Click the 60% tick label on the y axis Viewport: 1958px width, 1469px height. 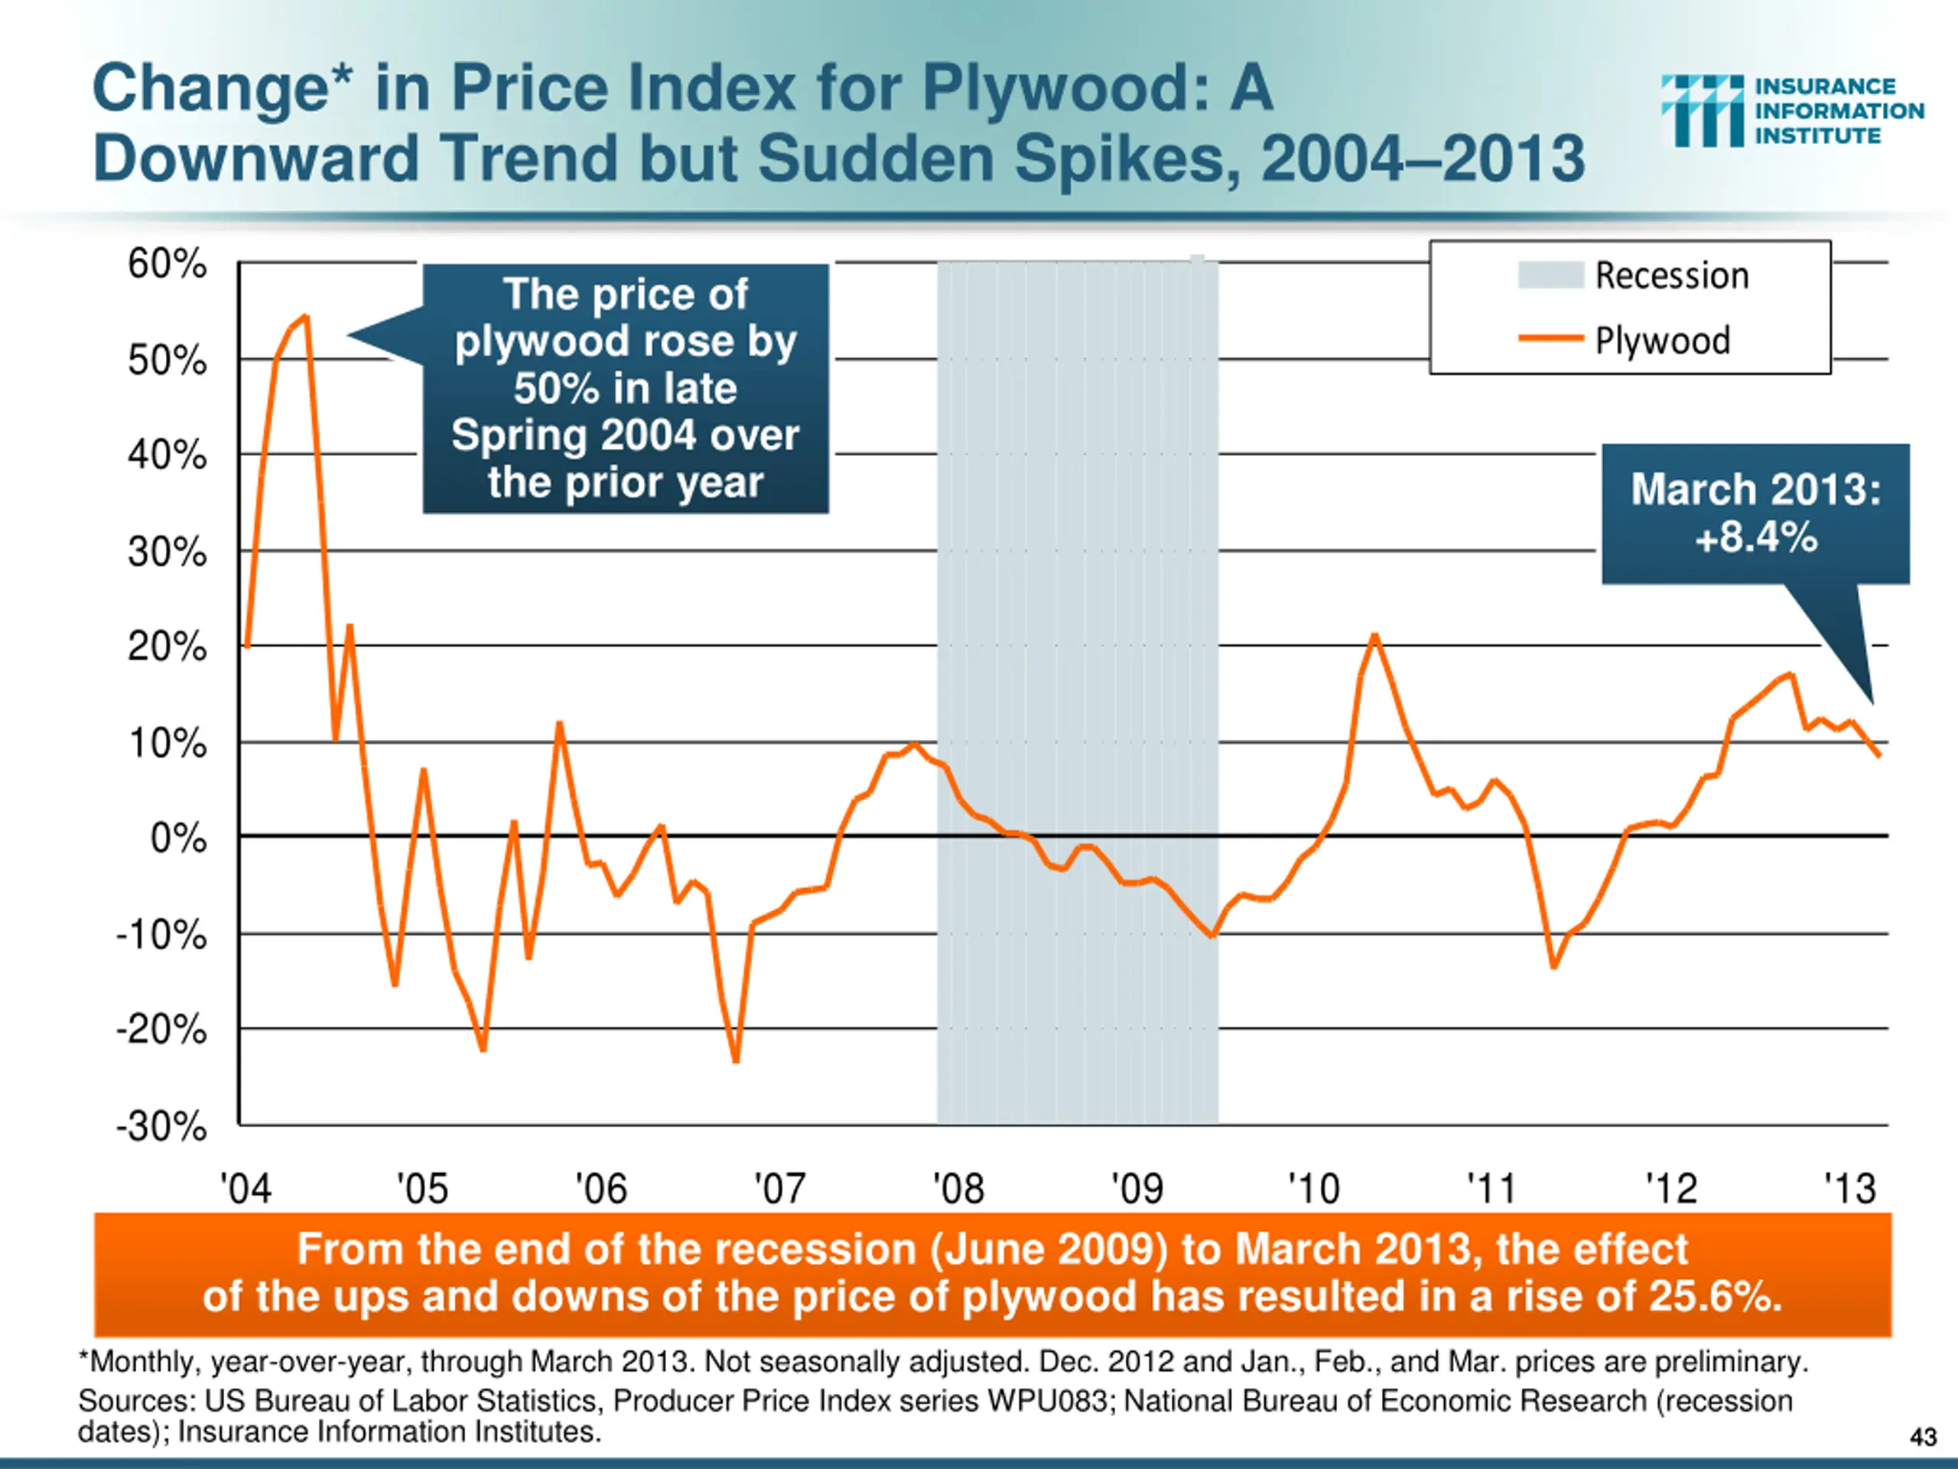[x=167, y=264]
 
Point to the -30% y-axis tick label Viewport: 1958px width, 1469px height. [x=161, y=1127]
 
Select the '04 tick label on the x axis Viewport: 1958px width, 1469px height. [x=246, y=1188]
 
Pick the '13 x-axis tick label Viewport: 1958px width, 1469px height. [x=1849, y=1188]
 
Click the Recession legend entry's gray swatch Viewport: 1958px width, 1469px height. [x=1550, y=275]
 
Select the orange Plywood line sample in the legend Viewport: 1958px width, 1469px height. [x=1550, y=338]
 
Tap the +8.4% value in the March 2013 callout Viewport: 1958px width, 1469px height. [x=1756, y=537]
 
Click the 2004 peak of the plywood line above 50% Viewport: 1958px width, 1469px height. [x=305, y=316]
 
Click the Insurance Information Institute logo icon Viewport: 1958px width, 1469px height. [x=1701, y=111]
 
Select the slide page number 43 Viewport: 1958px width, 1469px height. [x=1923, y=1436]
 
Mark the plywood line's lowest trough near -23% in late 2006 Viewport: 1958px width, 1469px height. [x=736, y=1060]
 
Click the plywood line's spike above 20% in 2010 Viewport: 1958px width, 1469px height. [x=1374, y=635]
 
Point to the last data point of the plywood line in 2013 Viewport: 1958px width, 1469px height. [x=1878, y=754]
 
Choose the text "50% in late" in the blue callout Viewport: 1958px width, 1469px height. [x=625, y=389]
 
